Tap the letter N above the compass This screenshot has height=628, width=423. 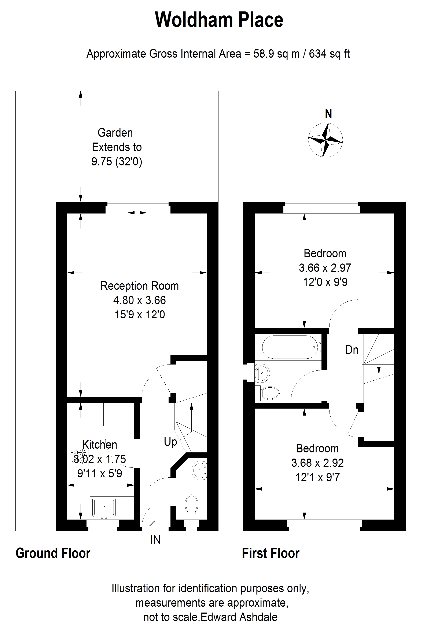pos(328,114)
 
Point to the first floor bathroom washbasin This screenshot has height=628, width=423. pos(261,373)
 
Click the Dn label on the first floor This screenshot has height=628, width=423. pos(352,350)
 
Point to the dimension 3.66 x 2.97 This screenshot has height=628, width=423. pos(325,268)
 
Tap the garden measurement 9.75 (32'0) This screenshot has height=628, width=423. pos(117,162)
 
